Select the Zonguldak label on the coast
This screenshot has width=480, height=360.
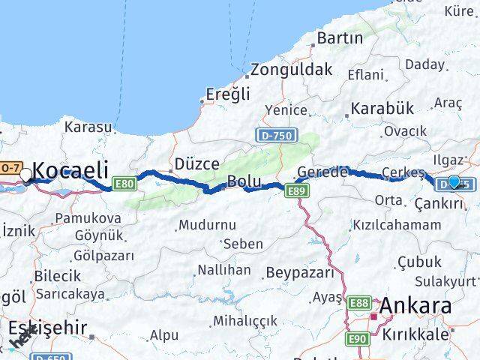(292, 70)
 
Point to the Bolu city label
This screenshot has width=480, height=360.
(244, 181)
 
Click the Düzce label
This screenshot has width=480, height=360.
(196, 163)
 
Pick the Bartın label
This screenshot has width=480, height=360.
(340, 37)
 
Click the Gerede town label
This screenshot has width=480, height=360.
(322, 171)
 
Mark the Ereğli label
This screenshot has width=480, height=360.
(229, 94)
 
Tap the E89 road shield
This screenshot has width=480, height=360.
(296, 192)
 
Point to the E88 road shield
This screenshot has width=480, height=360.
(358, 301)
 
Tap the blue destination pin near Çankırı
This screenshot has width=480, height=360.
(454, 181)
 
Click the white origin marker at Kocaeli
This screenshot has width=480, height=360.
(26, 175)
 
